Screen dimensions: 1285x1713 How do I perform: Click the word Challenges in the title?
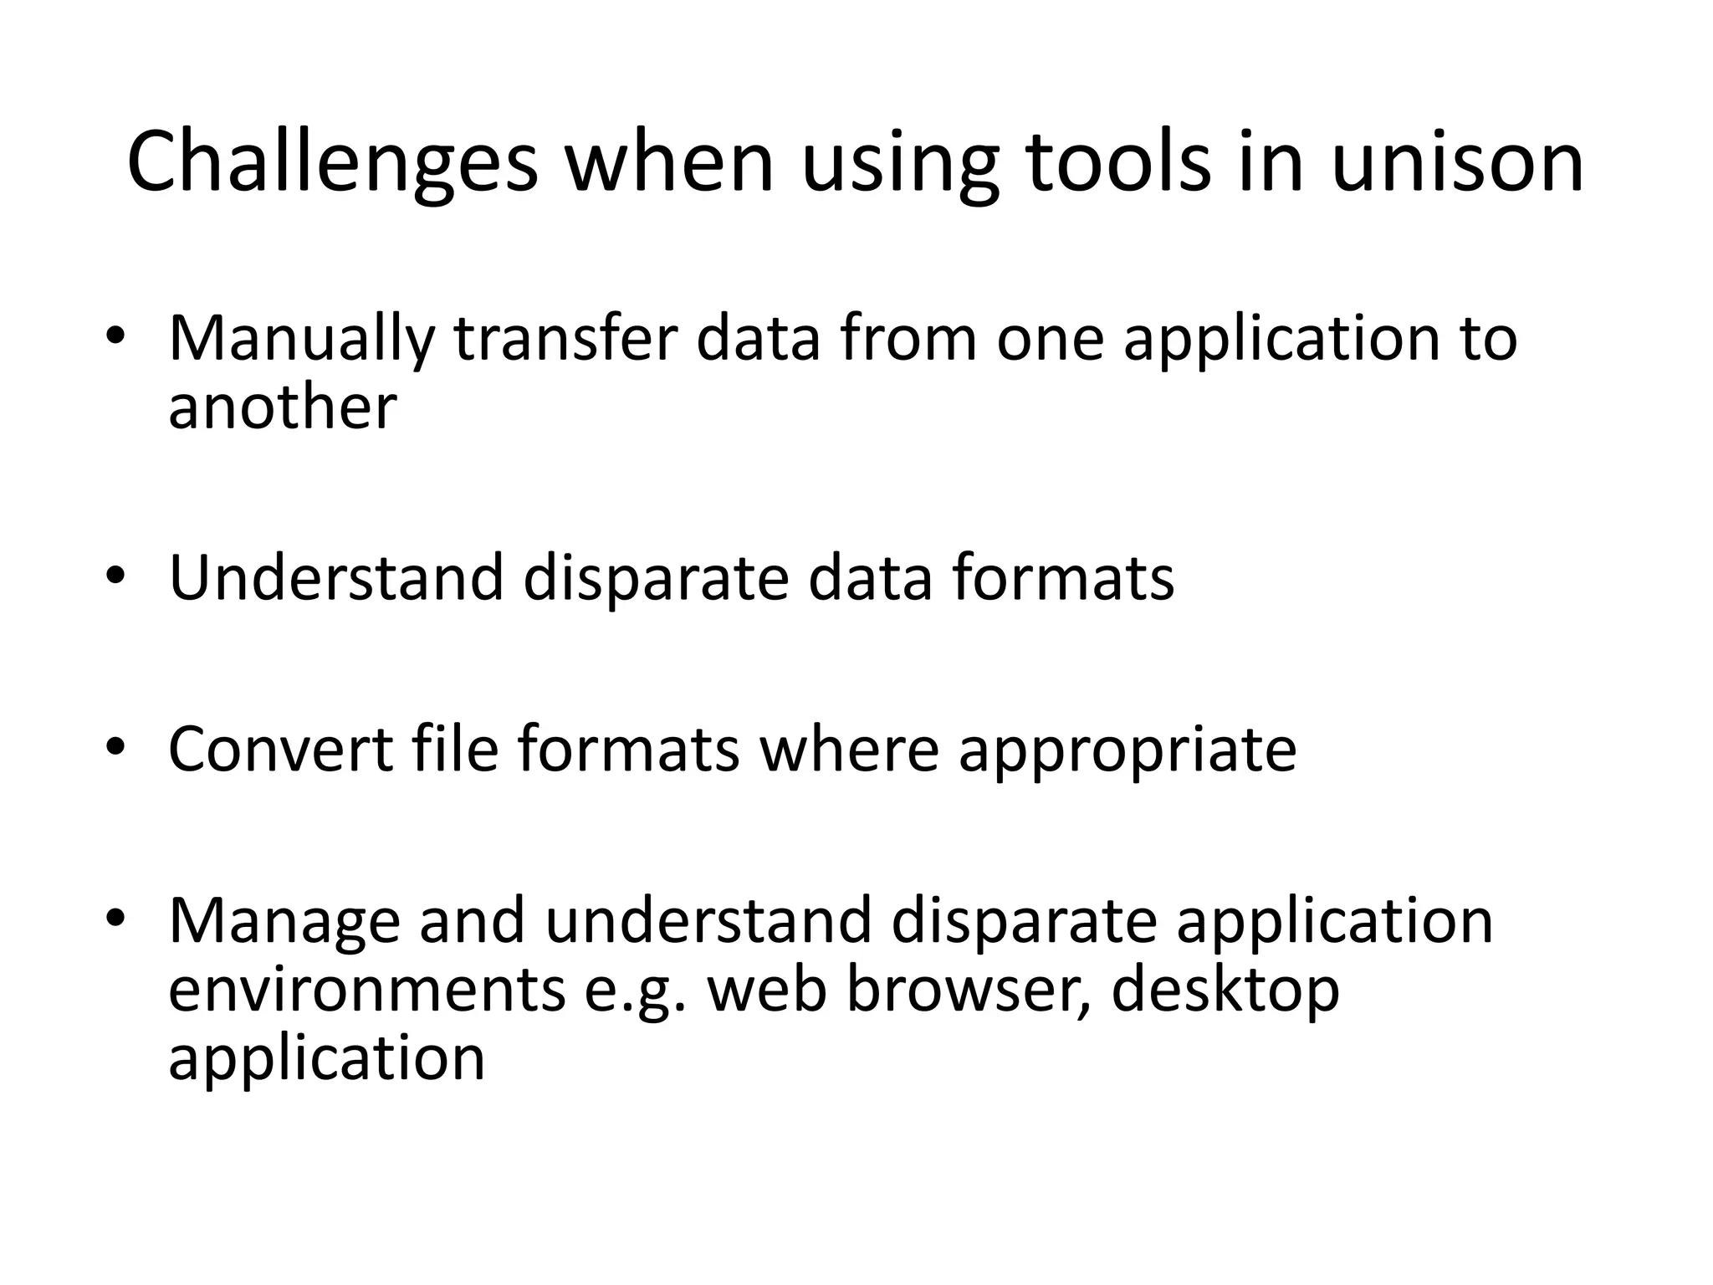pyautogui.click(x=332, y=163)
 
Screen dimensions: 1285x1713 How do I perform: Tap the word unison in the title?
pyautogui.click(x=1456, y=163)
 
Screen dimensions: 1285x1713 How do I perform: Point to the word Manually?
pyautogui.click(x=302, y=339)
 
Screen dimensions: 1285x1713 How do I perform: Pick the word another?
pyautogui.click(x=282, y=408)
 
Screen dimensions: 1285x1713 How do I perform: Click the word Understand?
pyautogui.click(x=336, y=579)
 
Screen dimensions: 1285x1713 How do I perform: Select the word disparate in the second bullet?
pyautogui.click(x=656, y=579)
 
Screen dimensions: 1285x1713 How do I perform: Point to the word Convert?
pyautogui.click(x=280, y=749)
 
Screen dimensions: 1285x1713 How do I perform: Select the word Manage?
pyautogui.click(x=284, y=921)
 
